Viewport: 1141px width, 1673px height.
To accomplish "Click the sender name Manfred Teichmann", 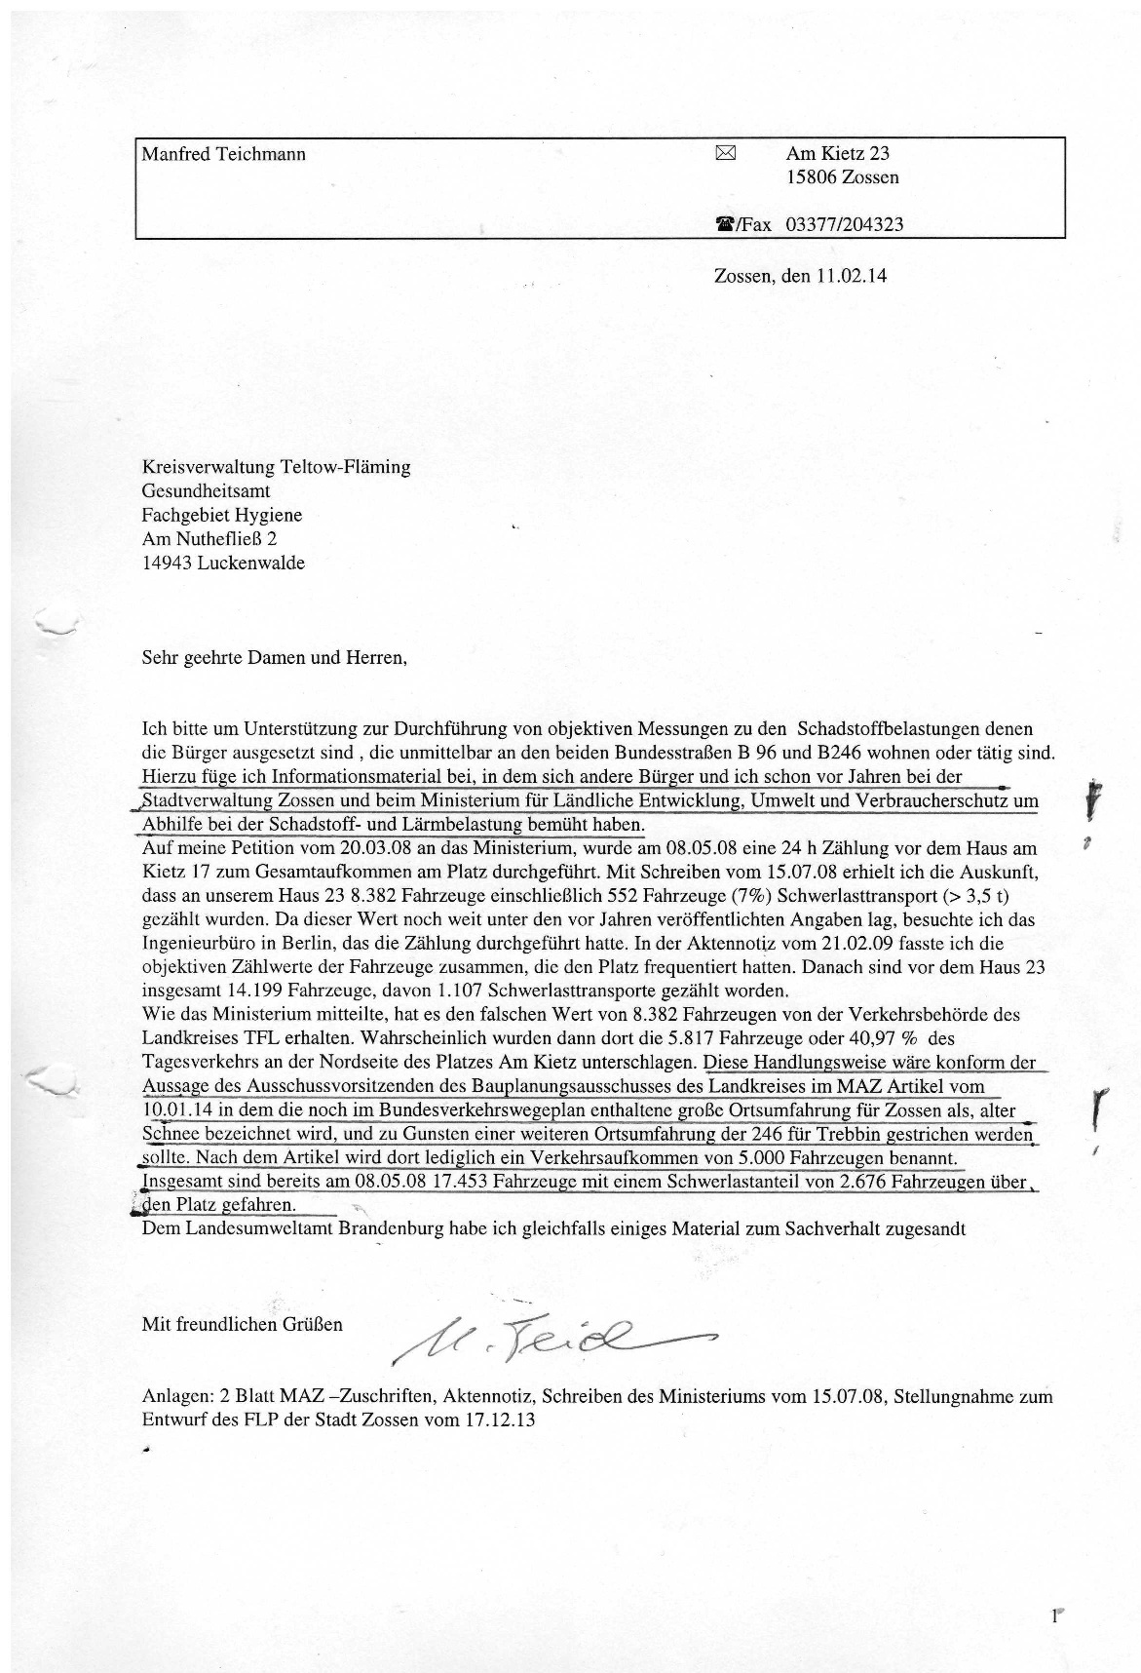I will pos(223,154).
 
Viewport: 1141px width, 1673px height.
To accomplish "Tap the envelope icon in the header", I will pos(725,152).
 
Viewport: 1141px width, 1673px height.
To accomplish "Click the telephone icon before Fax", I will pos(724,224).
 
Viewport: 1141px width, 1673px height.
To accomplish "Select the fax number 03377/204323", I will pos(844,224).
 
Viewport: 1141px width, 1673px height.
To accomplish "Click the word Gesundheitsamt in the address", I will pos(207,491).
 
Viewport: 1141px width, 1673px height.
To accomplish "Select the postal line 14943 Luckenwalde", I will pos(223,563).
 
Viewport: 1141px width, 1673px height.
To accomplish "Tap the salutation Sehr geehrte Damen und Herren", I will pos(274,657).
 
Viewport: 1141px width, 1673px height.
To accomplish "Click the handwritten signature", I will pos(546,1337).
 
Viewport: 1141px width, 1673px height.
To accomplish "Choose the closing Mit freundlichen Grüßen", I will pos(243,1325).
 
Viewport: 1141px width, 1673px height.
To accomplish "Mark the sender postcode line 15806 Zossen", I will pos(843,177).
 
